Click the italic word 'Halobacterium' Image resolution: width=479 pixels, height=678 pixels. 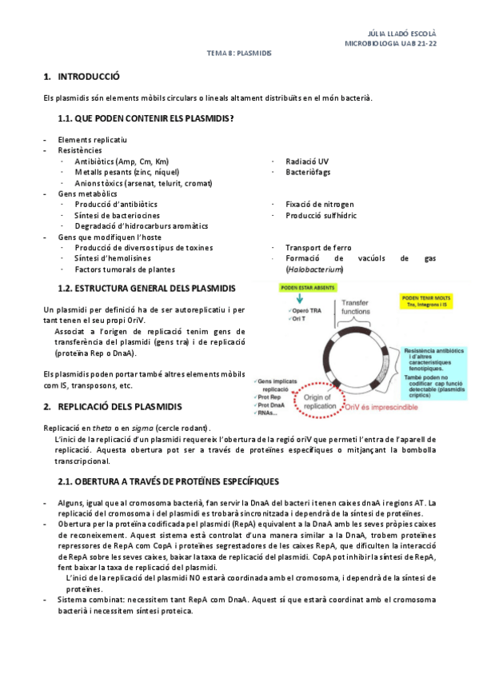point(314,269)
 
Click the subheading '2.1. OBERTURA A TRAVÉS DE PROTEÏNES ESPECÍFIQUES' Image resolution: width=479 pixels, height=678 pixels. point(168,481)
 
